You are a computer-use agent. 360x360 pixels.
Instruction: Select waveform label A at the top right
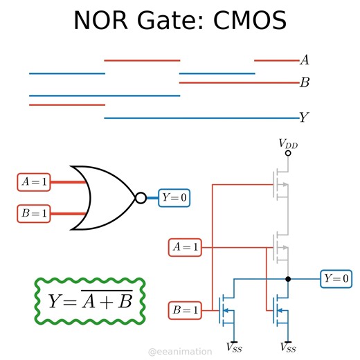[x=304, y=61]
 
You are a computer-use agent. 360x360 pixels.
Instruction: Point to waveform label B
[x=304, y=83]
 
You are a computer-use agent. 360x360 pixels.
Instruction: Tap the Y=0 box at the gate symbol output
[x=174, y=198]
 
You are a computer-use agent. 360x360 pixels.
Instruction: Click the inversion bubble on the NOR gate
[x=141, y=198]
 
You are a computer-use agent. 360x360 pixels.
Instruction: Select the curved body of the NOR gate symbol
[x=104, y=198]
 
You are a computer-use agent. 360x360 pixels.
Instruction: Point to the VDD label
[x=288, y=143]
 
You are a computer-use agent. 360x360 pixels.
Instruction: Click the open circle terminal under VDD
[x=288, y=152]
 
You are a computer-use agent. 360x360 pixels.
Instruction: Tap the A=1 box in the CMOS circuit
[x=186, y=246]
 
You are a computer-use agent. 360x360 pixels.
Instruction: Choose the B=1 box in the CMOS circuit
[x=186, y=311]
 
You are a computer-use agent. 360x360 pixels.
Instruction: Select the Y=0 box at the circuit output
[x=336, y=279]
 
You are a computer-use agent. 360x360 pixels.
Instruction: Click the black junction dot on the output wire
[x=288, y=279]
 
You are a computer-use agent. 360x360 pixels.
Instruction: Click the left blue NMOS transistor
[x=226, y=311]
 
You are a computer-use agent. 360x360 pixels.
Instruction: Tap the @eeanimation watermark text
[x=180, y=352]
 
